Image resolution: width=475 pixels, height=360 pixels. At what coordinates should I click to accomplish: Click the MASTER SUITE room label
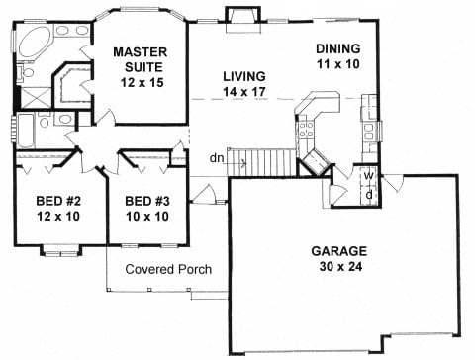141,59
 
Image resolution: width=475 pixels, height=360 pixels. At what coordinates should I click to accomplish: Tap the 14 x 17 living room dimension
244,92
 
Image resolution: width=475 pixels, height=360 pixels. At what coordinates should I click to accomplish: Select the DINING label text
338,48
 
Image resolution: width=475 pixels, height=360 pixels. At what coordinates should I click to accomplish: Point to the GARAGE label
339,251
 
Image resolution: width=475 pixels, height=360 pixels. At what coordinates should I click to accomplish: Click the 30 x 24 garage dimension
340,266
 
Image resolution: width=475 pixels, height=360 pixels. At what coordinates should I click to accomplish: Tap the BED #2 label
58,201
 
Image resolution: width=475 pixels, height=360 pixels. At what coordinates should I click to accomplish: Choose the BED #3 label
147,201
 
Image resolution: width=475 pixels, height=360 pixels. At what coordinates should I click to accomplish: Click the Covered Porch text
168,269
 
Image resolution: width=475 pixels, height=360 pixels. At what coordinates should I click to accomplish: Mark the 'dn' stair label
217,158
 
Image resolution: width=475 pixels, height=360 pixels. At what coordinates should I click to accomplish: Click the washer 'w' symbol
368,176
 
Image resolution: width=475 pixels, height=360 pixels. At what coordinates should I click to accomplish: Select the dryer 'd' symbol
369,195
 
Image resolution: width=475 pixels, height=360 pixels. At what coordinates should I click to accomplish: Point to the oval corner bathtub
35,43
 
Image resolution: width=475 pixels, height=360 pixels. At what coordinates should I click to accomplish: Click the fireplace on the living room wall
243,20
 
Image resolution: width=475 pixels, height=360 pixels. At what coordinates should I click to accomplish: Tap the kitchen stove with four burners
306,130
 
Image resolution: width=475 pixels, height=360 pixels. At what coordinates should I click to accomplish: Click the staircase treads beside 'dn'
262,162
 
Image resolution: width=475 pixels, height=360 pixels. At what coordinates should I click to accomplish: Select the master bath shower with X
36,98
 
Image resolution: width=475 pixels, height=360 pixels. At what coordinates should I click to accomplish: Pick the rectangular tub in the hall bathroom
26,131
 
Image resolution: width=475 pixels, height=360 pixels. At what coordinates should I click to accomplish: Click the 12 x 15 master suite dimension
142,82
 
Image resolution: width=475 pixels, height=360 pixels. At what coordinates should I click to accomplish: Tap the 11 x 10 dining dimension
338,64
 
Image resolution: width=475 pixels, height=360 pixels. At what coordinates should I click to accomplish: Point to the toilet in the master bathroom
26,72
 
